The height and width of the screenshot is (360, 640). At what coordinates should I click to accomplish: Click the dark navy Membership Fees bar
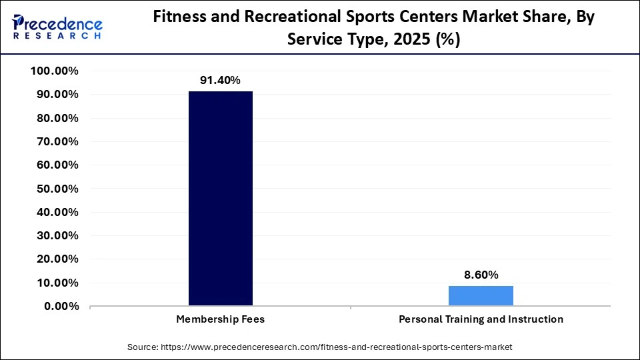tap(221, 199)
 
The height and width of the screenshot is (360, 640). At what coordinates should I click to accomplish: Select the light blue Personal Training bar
tap(481, 296)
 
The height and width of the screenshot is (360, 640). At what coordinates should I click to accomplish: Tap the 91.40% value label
tap(221, 80)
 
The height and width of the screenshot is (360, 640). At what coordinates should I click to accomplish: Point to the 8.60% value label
tap(481, 275)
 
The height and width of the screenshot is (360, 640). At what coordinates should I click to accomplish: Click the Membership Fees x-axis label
tap(221, 319)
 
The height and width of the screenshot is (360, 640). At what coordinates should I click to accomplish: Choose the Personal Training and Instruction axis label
tap(481, 319)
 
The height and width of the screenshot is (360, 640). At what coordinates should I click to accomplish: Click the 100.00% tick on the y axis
tap(55, 71)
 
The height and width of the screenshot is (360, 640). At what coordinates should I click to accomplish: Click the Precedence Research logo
tap(57, 26)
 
